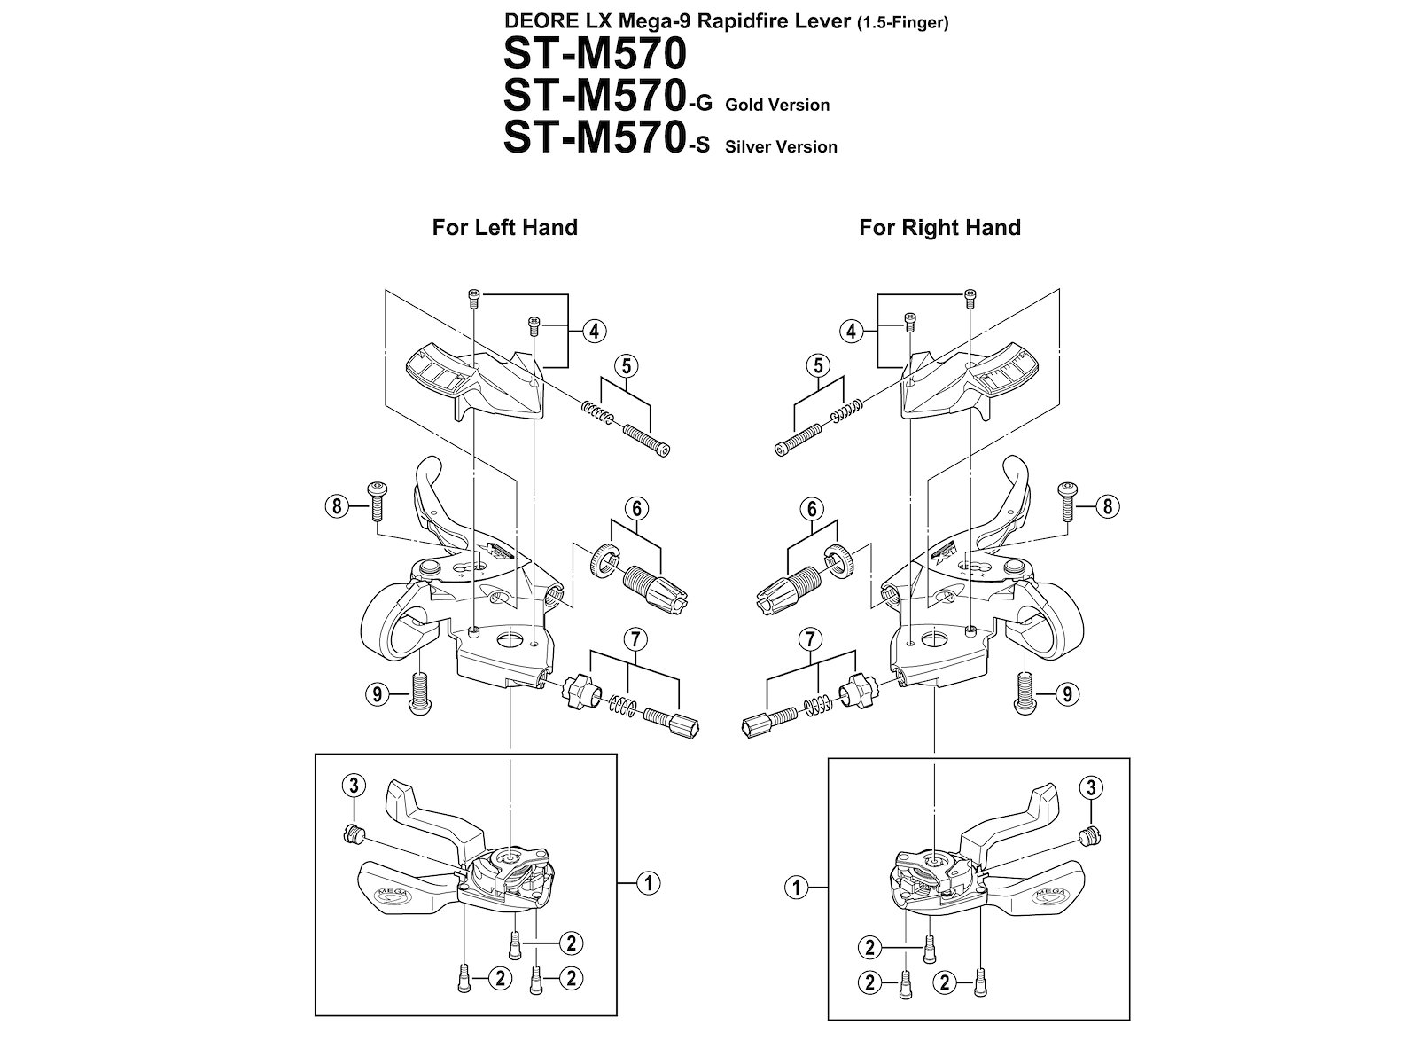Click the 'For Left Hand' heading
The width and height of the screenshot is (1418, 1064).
coord(504,227)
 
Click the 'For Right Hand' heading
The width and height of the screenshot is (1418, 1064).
coord(940,227)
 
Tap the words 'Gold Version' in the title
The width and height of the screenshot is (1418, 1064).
coord(777,105)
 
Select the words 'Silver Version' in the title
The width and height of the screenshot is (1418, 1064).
coord(781,146)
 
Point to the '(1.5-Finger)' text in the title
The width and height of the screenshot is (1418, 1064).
coord(902,23)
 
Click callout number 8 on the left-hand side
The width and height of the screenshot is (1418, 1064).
coord(337,505)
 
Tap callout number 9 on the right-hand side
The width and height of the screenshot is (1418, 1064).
coord(1066,694)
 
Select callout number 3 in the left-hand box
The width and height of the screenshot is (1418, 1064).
coord(354,786)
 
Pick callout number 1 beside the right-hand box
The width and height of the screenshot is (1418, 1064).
coord(796,888)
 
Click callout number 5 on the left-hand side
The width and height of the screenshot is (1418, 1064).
coord(626,365)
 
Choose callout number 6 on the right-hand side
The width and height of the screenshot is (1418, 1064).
coord(812,508)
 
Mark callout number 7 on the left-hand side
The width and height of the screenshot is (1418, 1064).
coord(635,639)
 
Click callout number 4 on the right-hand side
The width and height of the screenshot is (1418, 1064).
coord(852,332)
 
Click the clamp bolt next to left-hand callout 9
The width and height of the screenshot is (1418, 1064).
coord(421,692)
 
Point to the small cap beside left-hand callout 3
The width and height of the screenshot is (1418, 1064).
coord(352,833)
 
